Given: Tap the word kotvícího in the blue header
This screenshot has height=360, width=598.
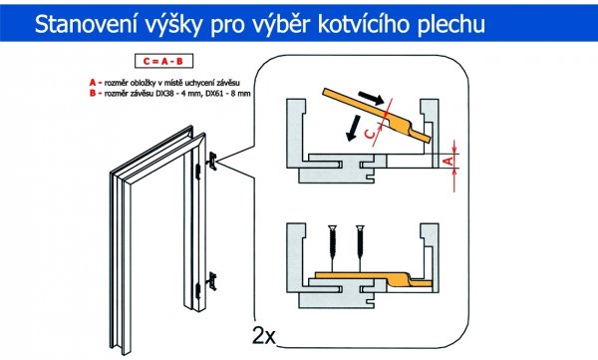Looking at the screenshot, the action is click(364, 24).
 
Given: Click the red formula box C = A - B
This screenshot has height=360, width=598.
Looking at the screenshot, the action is click(163, 61).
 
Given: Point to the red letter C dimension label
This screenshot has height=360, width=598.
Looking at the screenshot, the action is click(370, 134).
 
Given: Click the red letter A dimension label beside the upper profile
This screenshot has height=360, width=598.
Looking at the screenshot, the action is click(450, 161).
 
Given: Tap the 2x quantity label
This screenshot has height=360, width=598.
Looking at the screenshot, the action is click(263, 335).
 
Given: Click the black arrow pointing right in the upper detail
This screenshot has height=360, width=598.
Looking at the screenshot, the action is click(371, 98).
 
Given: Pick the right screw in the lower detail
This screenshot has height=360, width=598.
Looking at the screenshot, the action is click(359, 246).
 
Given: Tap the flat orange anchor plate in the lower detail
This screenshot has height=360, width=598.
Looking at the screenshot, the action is click(374, 280).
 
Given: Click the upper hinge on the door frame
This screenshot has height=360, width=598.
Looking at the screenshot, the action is click(212, 161).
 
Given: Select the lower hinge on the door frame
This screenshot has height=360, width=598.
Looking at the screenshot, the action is click(211, 281).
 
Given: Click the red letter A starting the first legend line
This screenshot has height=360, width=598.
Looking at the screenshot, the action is click(93, 83).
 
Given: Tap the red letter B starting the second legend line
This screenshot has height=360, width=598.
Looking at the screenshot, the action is click(93, 93).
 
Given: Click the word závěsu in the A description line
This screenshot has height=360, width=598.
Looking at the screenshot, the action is click(229, 83).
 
